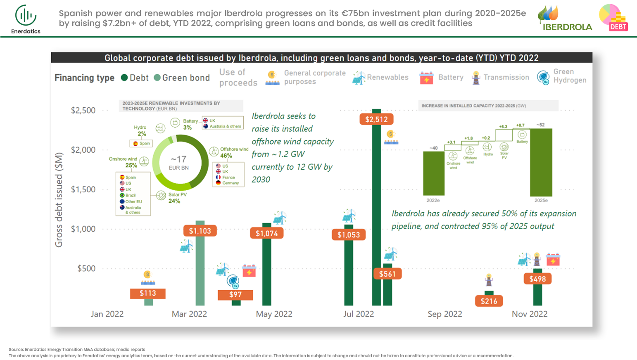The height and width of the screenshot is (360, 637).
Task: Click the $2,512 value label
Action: [x=376, y=119]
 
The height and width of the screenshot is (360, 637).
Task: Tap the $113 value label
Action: [x=147, y=293]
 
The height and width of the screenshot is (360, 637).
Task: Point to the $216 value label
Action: [x=489, y=301]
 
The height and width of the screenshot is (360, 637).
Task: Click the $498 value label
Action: [x=537, y=279]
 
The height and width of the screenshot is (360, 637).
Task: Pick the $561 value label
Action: [x=387, y=274]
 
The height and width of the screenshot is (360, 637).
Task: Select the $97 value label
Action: [x=235, y=294]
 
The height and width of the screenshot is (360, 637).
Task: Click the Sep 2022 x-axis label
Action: [x=444, y=314]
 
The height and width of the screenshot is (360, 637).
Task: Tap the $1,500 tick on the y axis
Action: [x=83, y=189]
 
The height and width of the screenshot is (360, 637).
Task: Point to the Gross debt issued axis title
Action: [x=59, y=200]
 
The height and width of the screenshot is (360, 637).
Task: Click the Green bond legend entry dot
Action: [x=157, y=78]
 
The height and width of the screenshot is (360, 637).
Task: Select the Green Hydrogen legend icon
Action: [x=543, y=77]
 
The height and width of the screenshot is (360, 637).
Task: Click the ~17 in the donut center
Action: [x=178, y=159]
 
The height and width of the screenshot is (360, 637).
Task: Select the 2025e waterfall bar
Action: [x=541, y=162]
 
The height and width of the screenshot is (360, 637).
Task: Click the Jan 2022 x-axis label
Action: [x=107, y=314]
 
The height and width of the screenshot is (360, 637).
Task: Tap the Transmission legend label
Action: [x=506, y=77]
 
